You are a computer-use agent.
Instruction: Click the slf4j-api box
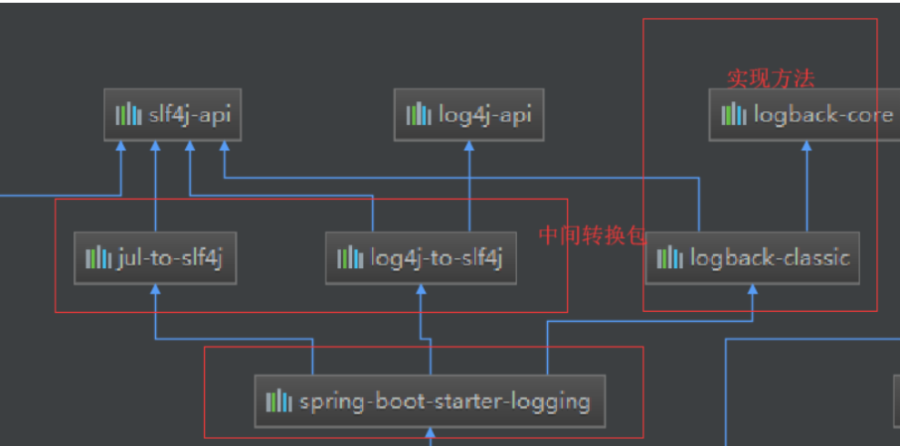(x=172, y=115)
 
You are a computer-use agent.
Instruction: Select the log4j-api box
(x=469, y=115)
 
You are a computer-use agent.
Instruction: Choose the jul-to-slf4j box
(x=155, y=258)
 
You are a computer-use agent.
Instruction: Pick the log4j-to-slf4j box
(x=420, y=258)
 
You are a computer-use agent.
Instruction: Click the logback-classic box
(x=752, y=258)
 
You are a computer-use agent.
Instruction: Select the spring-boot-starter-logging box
(x=429, y=401)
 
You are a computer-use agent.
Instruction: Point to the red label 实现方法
(x=771, y=78)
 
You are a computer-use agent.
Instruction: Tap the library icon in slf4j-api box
(x=128, y=115)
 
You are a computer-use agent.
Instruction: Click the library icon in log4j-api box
(x=419, y=115)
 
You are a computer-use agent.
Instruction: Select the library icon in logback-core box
(x=733, y=115)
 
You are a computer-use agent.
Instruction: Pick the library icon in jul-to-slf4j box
(x=98, y=258)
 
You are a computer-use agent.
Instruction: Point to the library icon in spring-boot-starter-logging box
(x=279, y=401)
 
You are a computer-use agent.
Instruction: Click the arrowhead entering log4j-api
(x=469, y=146)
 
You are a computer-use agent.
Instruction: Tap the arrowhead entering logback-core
(x=806, y=146)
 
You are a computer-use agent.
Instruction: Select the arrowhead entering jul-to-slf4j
(x=155, y=289)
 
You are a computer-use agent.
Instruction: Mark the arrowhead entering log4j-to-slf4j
(x=420, y=289)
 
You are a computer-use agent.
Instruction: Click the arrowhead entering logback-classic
(x=752, y=289)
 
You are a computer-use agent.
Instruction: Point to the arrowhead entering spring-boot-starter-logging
(x=429, y=432)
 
